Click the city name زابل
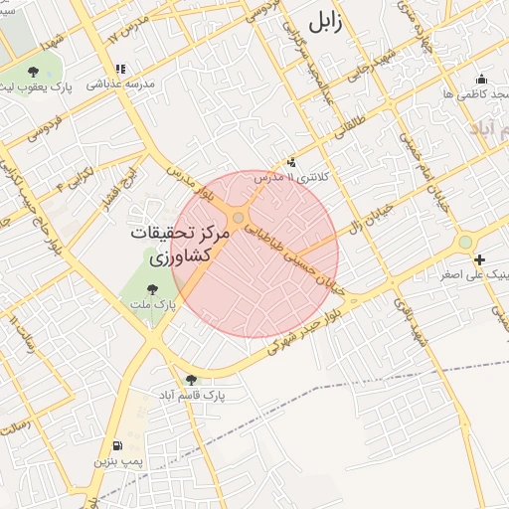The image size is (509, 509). click(x=324, y=23)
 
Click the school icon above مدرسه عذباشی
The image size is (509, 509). click(x=120, y=70)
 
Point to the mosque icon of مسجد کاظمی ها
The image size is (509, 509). click(x=482, y=80)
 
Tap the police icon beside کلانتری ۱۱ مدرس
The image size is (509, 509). click(x=291, y=161)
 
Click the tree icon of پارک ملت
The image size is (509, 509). click(x=151, y=289)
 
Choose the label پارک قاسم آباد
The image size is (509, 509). click(x=191, y=395)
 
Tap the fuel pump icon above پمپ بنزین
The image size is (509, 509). click(x=119, y=446)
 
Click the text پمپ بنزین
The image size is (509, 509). click(x=119, y=462)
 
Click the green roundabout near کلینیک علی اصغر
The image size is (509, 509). click(x=464, y=243)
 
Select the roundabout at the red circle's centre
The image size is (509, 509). click(x=238, y=217)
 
